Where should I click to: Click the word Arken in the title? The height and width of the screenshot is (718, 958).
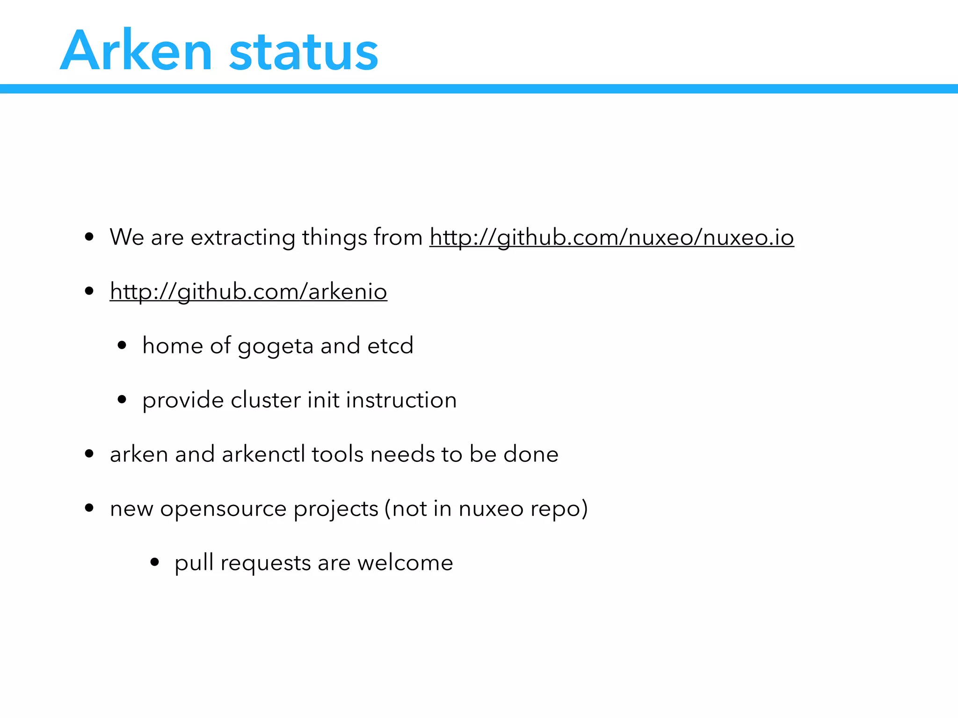tap(136, 50)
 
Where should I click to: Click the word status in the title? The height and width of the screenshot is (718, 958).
tap(304, 52)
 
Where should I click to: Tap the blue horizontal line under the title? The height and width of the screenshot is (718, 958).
tap(479, 89)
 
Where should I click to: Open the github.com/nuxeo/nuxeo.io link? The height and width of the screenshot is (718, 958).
tap(611, 237)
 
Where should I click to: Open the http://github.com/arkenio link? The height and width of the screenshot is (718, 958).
tap(248, 291)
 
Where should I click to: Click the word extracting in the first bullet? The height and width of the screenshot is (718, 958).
tap(243, 237)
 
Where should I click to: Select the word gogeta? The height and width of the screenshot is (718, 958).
tap(276, 346)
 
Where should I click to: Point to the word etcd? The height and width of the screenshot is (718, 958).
tap(390, 345)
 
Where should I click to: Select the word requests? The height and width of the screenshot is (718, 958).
tap(265, 563)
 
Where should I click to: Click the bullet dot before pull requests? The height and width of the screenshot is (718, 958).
tap(155, 562)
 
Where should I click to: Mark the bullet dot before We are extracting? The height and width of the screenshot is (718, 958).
tap(89, 237)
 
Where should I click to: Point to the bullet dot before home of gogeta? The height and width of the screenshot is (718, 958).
tap(122, 346)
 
